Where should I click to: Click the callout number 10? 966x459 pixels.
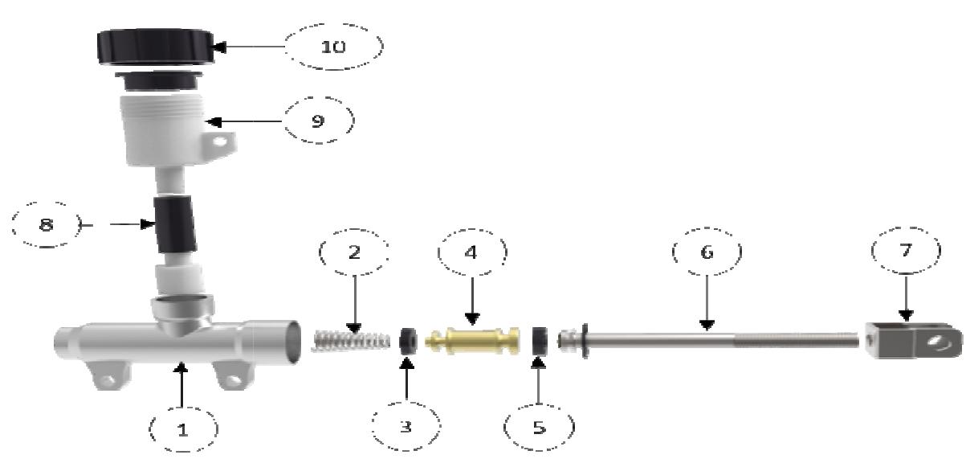click(333, 47)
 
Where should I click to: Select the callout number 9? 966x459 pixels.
click(318, 121)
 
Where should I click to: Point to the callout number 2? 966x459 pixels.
click(354, 252)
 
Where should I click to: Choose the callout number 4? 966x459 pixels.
click(471, 252)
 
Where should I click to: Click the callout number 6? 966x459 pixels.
click(706, 252)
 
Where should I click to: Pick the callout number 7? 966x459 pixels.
click(905, 251)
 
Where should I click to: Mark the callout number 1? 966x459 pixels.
click(182, 428)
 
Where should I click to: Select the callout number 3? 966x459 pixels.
click(406, 427)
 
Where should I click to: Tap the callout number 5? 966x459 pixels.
click(539, 427)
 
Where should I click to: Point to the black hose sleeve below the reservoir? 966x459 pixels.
click(174, 223)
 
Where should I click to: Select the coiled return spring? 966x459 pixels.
click(343, 340)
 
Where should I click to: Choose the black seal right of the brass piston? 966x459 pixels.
click(539, 341)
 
